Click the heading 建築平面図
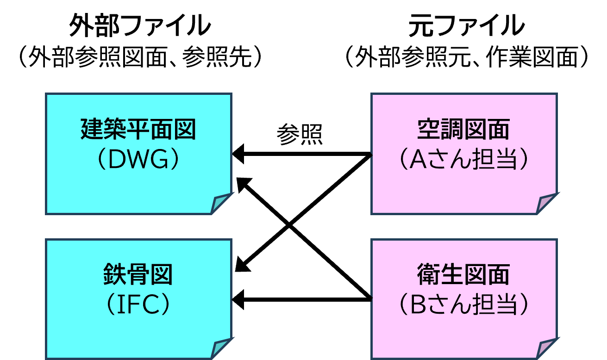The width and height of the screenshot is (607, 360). pos(138,130)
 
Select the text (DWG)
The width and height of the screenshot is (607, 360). pos(138,160)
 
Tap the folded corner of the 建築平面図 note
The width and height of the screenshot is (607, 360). pos(221,204)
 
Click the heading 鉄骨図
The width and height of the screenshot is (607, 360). pos(138,275)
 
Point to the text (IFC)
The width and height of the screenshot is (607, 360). pos(138,305)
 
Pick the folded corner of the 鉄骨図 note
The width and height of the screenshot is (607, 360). pos(221,349)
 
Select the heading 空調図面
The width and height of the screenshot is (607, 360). pos(463,130)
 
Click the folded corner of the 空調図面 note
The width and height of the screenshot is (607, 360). pos(547,204)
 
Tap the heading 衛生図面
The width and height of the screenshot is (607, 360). pos(463,275)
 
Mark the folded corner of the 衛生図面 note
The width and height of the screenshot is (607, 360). pos(547,349)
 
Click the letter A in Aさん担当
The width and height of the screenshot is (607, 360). pos(419,160)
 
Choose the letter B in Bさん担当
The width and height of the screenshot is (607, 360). pos(419,305)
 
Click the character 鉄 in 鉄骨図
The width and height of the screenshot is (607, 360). pos(115,275)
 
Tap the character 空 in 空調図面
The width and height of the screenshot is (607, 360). pos(429,130)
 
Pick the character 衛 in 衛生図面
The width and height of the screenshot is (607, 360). pos(429,275)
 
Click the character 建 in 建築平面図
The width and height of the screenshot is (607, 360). pos(92,130)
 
